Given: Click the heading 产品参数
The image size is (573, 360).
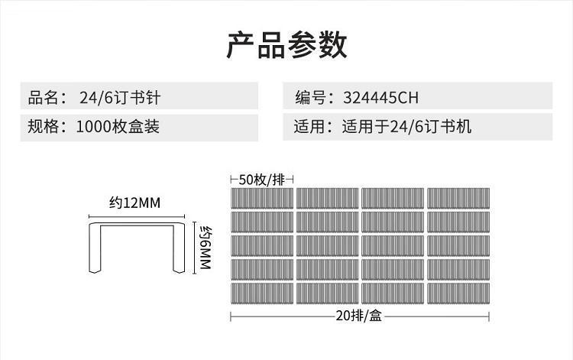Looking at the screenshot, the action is pyautogui.click(x=286, y=45).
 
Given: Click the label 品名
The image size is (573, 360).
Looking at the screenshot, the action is pyautogui.click(x=43, y=98).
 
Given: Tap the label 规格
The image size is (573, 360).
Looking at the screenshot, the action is pyautogui.click(x=43, y=126).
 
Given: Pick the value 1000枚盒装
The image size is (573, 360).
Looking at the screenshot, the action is pyautogui.click(x=118, y=126).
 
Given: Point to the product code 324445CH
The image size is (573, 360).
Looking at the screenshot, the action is pyautogui.click(x=381, y=98).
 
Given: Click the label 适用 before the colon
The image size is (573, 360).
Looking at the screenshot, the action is pyautogui.click(x=309, y=126).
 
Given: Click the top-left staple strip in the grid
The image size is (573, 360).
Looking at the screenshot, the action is pyautogui.click(x=262, y=198).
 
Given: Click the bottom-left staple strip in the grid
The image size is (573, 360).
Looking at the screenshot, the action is pyautogui.click(x=262, y=295).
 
